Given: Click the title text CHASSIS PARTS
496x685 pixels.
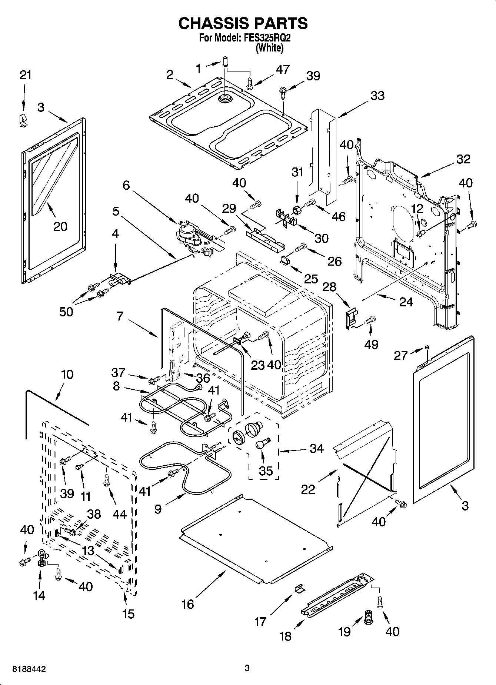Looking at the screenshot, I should (243, 23).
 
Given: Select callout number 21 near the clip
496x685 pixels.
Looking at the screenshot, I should (25, 75).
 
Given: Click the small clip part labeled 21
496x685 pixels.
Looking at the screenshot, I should (23, 120).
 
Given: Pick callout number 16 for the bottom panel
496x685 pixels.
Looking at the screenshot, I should (188, 604).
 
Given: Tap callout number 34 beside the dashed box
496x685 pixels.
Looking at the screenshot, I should (316, 449).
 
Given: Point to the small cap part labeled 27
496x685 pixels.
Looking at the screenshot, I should (427, 347).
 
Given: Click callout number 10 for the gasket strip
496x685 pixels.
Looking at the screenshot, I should (67, 374).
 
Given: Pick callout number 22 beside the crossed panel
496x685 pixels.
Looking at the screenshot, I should (308, 489).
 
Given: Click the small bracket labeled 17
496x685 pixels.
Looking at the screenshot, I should (299, 588).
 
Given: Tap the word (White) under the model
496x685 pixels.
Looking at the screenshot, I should (269, 48).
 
